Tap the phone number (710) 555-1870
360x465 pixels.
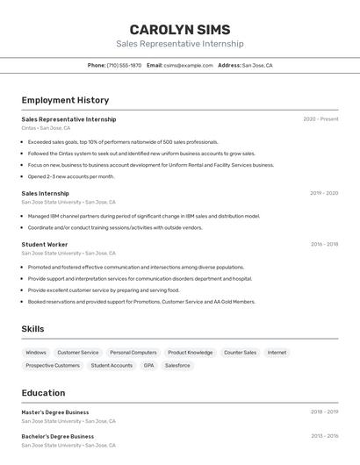pyautogui.click(x=124, y=65)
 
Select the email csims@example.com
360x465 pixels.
pyautogui.click(x=188, y=65)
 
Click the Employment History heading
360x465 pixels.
pyautogui.click(x=65, y=100)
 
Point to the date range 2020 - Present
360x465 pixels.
pyautogui.click(x=320, y=119)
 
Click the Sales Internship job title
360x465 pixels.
pyautogui.click(x=45, y=193)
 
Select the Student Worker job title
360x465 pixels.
pyautogui.click(x=44, y=244)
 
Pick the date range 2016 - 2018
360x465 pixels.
pyautogui.click(x=324, y=244)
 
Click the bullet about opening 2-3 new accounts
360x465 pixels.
pyautogui.click(x=71, y=176)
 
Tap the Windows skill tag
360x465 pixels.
pyautogui.click(x=36, y=353)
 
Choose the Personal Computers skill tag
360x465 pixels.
pyautogui.click(x=133, y=353)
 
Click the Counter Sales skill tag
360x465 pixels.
pyautogui.click(x=240, y=353)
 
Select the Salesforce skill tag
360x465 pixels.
pyautogui.click(x=177, y=365)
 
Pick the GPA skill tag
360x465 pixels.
pyautogui.click(x=148, y=365)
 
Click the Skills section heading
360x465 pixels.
pyautogui.click(x=32, y=329)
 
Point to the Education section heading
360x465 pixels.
pyautogui.click(x=43, y=393)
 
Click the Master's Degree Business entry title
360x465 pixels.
pyautogui.click(x=55, y=411)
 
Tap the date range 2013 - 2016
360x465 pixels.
pyautogui.click(x=324, y=436)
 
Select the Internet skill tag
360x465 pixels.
pyautogui.click(x=277, y=353)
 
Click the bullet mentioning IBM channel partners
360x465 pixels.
pyautogui.click(x=143, y=216)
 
